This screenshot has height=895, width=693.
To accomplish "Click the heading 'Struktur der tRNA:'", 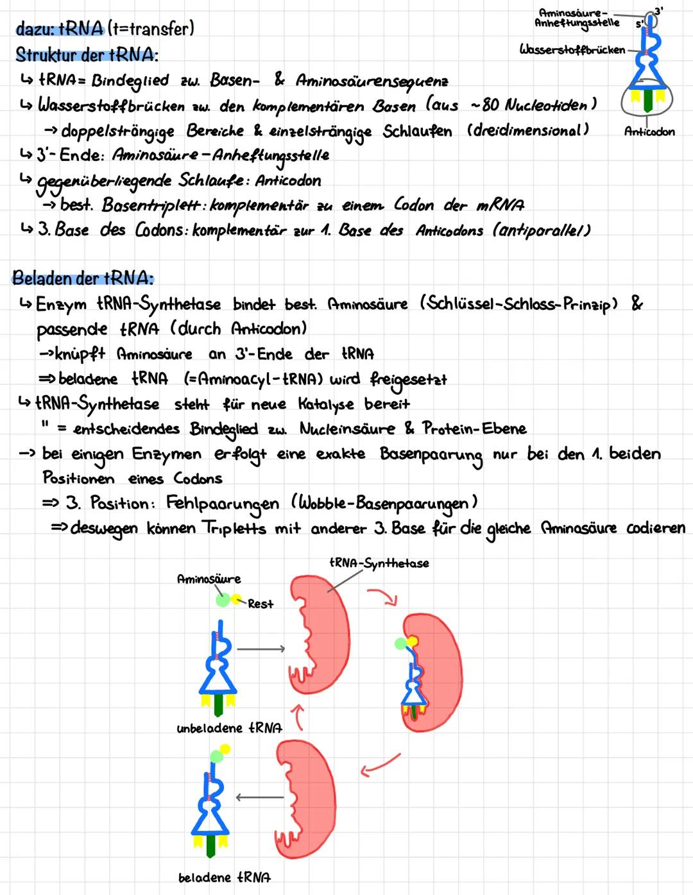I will point(87,55).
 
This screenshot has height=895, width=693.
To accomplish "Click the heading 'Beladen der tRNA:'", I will point(83,278).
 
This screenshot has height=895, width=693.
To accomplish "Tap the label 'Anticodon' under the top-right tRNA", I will point(649,132).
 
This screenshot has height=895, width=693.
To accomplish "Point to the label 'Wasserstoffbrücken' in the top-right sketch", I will point(572,49).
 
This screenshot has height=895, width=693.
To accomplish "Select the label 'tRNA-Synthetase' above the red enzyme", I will point(379,563).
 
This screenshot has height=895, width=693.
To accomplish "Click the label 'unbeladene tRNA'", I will point(229,728).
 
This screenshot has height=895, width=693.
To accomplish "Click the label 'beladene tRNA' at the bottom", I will point(224,877).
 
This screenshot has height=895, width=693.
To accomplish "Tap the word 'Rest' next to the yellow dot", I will point(261,604).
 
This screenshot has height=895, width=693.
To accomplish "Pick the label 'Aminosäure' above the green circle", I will point(209,579).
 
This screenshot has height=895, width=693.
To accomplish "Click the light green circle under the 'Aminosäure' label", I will point(222,601).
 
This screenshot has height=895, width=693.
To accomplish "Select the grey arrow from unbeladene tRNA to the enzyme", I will point(260,649).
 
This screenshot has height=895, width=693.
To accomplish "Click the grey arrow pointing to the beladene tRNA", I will point(259,797).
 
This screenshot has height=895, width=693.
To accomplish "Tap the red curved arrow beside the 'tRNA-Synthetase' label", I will point(383,597).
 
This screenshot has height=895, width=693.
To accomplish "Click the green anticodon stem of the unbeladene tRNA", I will point(218,706).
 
